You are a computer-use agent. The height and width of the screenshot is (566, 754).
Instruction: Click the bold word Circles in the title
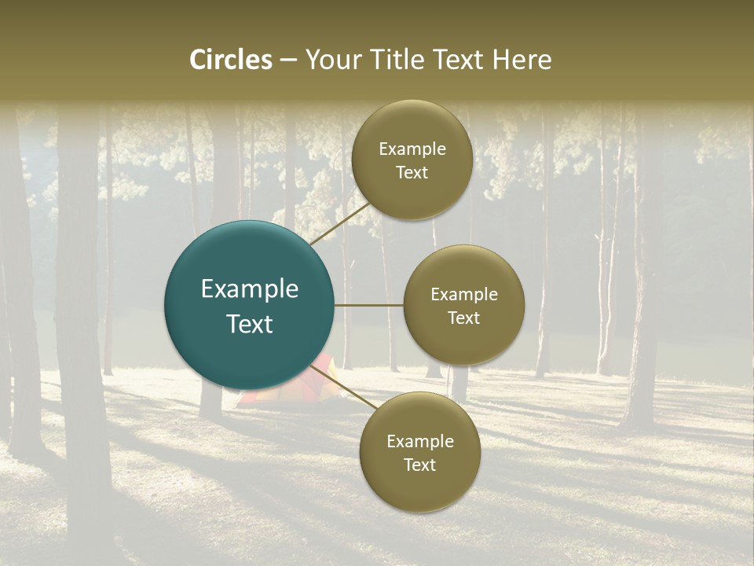[231, 60]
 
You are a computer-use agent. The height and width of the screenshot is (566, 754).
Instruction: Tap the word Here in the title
[522, 60]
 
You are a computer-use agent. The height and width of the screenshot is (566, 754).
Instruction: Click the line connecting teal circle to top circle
[339, 222]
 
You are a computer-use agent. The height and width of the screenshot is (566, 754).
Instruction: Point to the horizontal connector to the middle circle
[369, 305]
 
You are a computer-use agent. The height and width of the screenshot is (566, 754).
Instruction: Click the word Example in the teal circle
[250, 289]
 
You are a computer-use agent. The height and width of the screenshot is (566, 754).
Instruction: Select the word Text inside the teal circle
[250, 324]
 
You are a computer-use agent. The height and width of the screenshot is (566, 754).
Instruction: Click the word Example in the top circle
[412, 149]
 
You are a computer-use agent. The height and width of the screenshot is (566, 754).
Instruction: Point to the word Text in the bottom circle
[420, 465]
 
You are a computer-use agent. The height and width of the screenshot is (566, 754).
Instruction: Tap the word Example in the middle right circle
[464, 295]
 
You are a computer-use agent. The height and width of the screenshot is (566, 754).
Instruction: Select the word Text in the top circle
[412, 172]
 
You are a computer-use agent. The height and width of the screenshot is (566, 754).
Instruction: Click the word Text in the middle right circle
[464, 318]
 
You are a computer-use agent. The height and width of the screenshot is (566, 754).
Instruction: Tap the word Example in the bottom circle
[420, 442]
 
